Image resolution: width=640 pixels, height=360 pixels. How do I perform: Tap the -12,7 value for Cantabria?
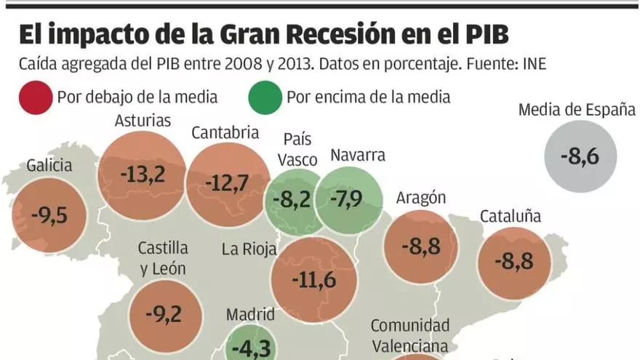pyautogui.click(x=228, y=182)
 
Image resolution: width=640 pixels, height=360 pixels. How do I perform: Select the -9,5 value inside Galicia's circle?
pyautogui.click(x=49, y=215)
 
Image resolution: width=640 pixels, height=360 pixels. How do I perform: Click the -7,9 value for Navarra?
pyautogui.click(x=349, y=199)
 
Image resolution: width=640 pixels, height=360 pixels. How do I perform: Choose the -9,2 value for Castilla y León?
pyautogui.click(x=164, y=313)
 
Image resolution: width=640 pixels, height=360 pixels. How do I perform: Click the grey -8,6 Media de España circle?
pyautogui.click(x=580, y=156)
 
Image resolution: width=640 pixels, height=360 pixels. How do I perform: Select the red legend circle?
pyautogui.click(x=34, y=97)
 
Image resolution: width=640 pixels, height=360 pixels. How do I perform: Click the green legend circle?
pyautogui.click(x=265, y=97)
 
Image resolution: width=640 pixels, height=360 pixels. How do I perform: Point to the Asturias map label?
pyautogui.click(x=143, y=120)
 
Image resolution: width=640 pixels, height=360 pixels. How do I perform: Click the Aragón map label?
pyautogui.click(x=420, y=198)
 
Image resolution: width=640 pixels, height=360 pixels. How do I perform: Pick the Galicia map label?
pyautogui.click(x=49, y=165)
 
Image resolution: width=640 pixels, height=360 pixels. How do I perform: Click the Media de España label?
pyautogui.click(x=577, y=110)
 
